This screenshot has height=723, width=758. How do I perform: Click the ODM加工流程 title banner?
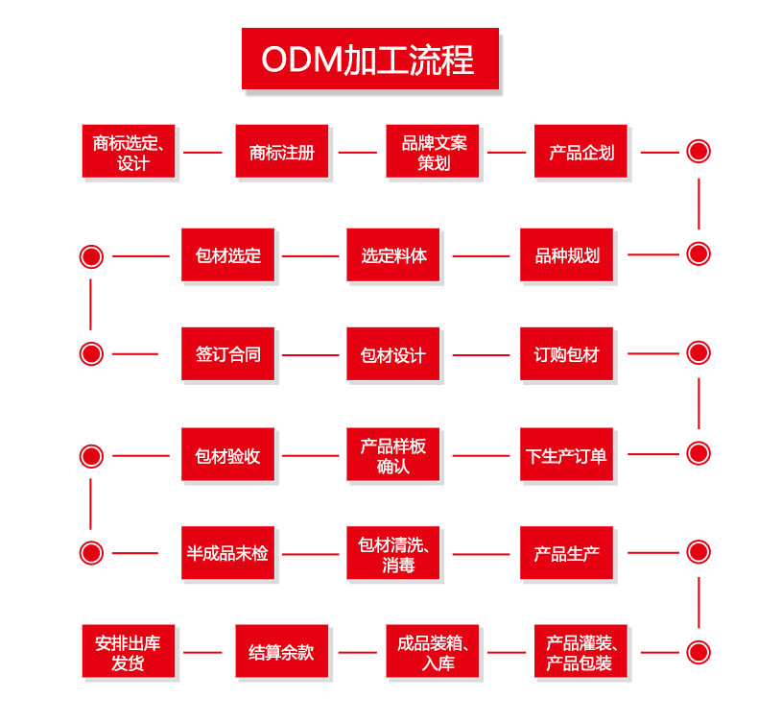pos(369,60)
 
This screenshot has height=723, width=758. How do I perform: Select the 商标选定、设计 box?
pos(129,152)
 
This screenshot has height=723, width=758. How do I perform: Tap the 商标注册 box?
pos(281,152)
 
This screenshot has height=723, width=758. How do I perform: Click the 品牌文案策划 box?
pos(432,152)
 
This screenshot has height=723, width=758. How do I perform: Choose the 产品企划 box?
pos(580,152)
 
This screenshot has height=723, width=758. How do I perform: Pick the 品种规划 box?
pos(566,255)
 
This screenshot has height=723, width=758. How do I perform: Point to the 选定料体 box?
pos(393,255)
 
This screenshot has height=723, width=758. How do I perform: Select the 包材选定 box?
pos(227,255)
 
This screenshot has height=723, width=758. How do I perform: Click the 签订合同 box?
pos(227,354)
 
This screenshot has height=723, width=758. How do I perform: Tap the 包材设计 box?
pos(393,354)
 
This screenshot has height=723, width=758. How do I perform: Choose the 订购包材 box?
pos(566,354)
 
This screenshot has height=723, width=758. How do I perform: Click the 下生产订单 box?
pos(566,455)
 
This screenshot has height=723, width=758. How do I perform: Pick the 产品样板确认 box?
pos(393,455)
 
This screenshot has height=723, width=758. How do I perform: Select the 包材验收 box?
pos(227,455)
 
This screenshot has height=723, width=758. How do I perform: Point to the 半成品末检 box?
pos(227,553)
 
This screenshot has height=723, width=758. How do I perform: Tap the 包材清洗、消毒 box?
pos(393,553)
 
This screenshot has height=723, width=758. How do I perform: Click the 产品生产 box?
pos(566,553)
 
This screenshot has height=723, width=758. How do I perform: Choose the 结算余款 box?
pos(281,652)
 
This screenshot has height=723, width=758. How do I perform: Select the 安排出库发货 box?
pos(129,652)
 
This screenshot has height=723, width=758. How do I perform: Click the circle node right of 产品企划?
pos(699,152)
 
